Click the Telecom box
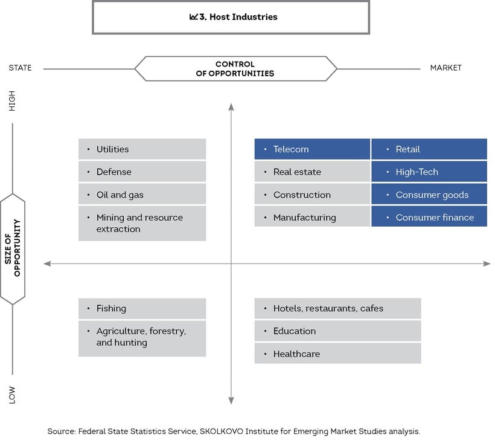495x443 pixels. (312, 149)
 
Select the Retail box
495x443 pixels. (429, 149)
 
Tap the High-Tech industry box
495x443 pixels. (429, 172)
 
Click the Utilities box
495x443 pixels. (142, 149)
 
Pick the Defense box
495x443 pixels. (142, 172)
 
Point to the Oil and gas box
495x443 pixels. (142, 194)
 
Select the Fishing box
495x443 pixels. (142, 308)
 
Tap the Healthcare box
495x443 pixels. (337, 354)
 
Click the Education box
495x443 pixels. (337, 331)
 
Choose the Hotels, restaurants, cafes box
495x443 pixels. (337, 308)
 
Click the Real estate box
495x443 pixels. (312, 172)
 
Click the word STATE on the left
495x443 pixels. (20, 68)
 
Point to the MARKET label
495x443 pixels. (445, 68)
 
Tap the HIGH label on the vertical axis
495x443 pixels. (11, 101)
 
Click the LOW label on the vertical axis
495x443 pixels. (11, 395)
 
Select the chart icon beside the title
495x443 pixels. (194, 17)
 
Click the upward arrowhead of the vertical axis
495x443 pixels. (231, 107)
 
